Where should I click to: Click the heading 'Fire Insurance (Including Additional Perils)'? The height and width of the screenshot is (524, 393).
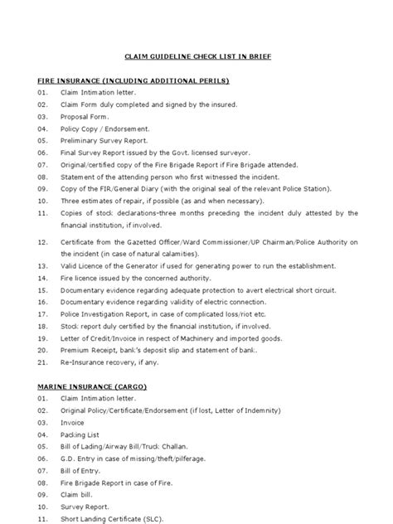pos(133,80)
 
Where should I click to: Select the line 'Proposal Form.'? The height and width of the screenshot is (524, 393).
pos(88,117)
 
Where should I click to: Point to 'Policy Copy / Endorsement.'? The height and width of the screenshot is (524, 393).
pos(105,129)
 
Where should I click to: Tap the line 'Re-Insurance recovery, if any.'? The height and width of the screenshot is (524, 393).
pos(113,362)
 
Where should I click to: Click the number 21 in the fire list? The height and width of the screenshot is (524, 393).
pos(42,362)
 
